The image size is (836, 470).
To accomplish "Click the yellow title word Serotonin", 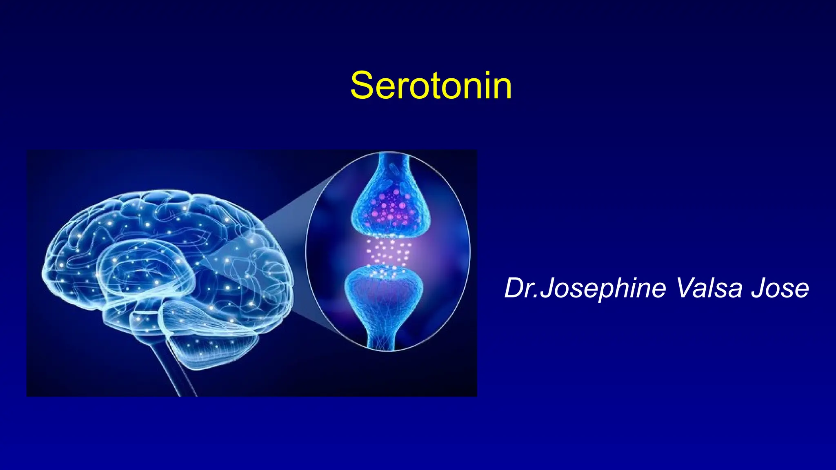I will pos(431,86).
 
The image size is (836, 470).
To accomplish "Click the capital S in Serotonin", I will pos(362,86).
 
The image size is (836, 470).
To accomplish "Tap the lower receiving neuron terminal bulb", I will pos(384,290).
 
